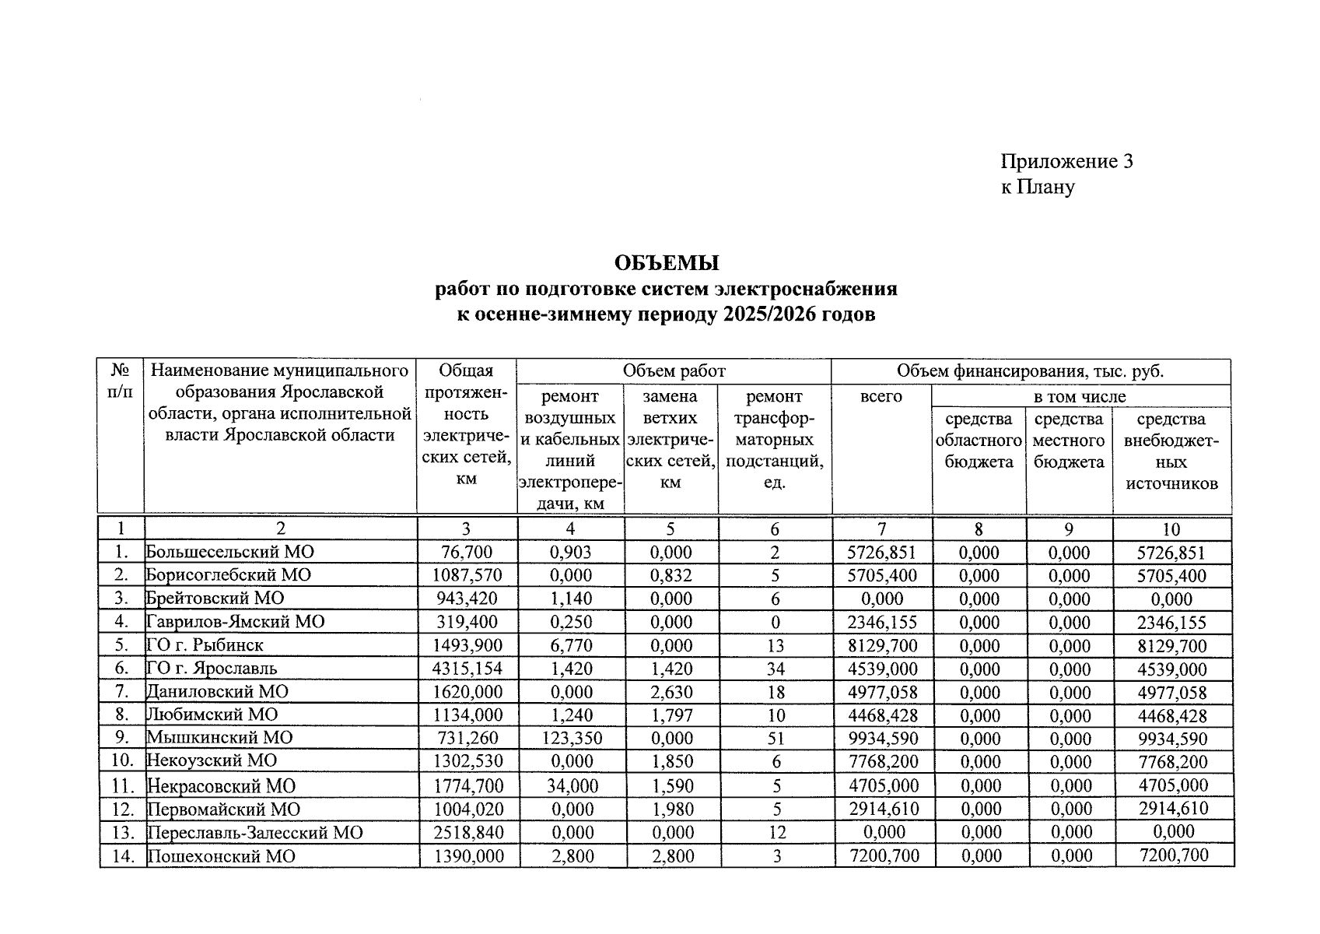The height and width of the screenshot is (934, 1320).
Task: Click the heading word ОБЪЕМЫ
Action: [667, 263]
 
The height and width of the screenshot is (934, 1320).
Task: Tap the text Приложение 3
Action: [1066, 161]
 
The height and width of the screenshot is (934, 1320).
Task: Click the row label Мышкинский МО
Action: [219, 738]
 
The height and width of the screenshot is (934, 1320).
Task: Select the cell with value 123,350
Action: [570, 739]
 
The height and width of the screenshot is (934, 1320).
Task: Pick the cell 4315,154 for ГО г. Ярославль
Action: [466, 669]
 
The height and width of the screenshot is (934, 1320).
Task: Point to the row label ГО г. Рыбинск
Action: [205, 645]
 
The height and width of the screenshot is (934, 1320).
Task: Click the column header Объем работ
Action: [673, 371]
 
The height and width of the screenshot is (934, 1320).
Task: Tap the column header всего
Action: [881, 397]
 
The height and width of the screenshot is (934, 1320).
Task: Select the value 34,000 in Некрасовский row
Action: [572, 786]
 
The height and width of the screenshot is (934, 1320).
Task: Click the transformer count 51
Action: [775, 739]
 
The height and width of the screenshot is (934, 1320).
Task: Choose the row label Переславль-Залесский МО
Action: [255, 833]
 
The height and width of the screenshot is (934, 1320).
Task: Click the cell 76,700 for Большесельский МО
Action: [466, 553]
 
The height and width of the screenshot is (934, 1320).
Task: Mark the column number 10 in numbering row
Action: [1171, 529]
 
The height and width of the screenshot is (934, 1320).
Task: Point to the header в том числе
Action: [1079, 397]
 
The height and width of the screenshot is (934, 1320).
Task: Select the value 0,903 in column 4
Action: [570, 553]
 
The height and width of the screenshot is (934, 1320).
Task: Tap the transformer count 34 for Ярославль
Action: [775, 669]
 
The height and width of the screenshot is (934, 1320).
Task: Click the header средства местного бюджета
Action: [1069, 441]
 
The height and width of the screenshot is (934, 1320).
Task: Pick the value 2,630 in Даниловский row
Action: [670, 692]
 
